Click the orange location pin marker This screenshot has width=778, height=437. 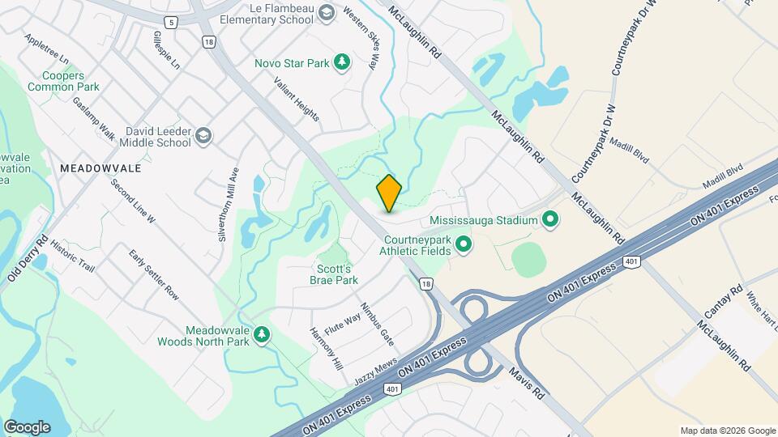pyautogui.click(x=389, y=193)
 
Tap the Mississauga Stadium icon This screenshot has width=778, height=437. pyautogui.click(x=551, y=219)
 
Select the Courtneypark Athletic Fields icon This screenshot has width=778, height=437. pyautogui.click(x=464, y=243)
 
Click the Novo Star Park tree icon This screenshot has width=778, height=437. pyautogui.click(x=343, y=62)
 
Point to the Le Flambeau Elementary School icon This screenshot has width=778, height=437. pyautogui.click(x=326, y=12)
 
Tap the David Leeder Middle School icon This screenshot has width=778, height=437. pyautogui.click(x=203, y=135)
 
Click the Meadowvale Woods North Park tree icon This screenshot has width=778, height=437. pyautogui.click(x=261, y=335)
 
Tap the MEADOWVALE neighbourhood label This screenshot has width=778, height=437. pyautogui.click(x=100, y=168)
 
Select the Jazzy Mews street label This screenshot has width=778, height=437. pyautogui.click(x=376, y=371)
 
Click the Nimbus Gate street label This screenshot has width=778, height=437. pyautogui.click(x=377, y=323)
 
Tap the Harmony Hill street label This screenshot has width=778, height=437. pyautogui.click(x=326, y=349)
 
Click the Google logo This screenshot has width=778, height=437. pyautogui.click(x=27, y=427)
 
